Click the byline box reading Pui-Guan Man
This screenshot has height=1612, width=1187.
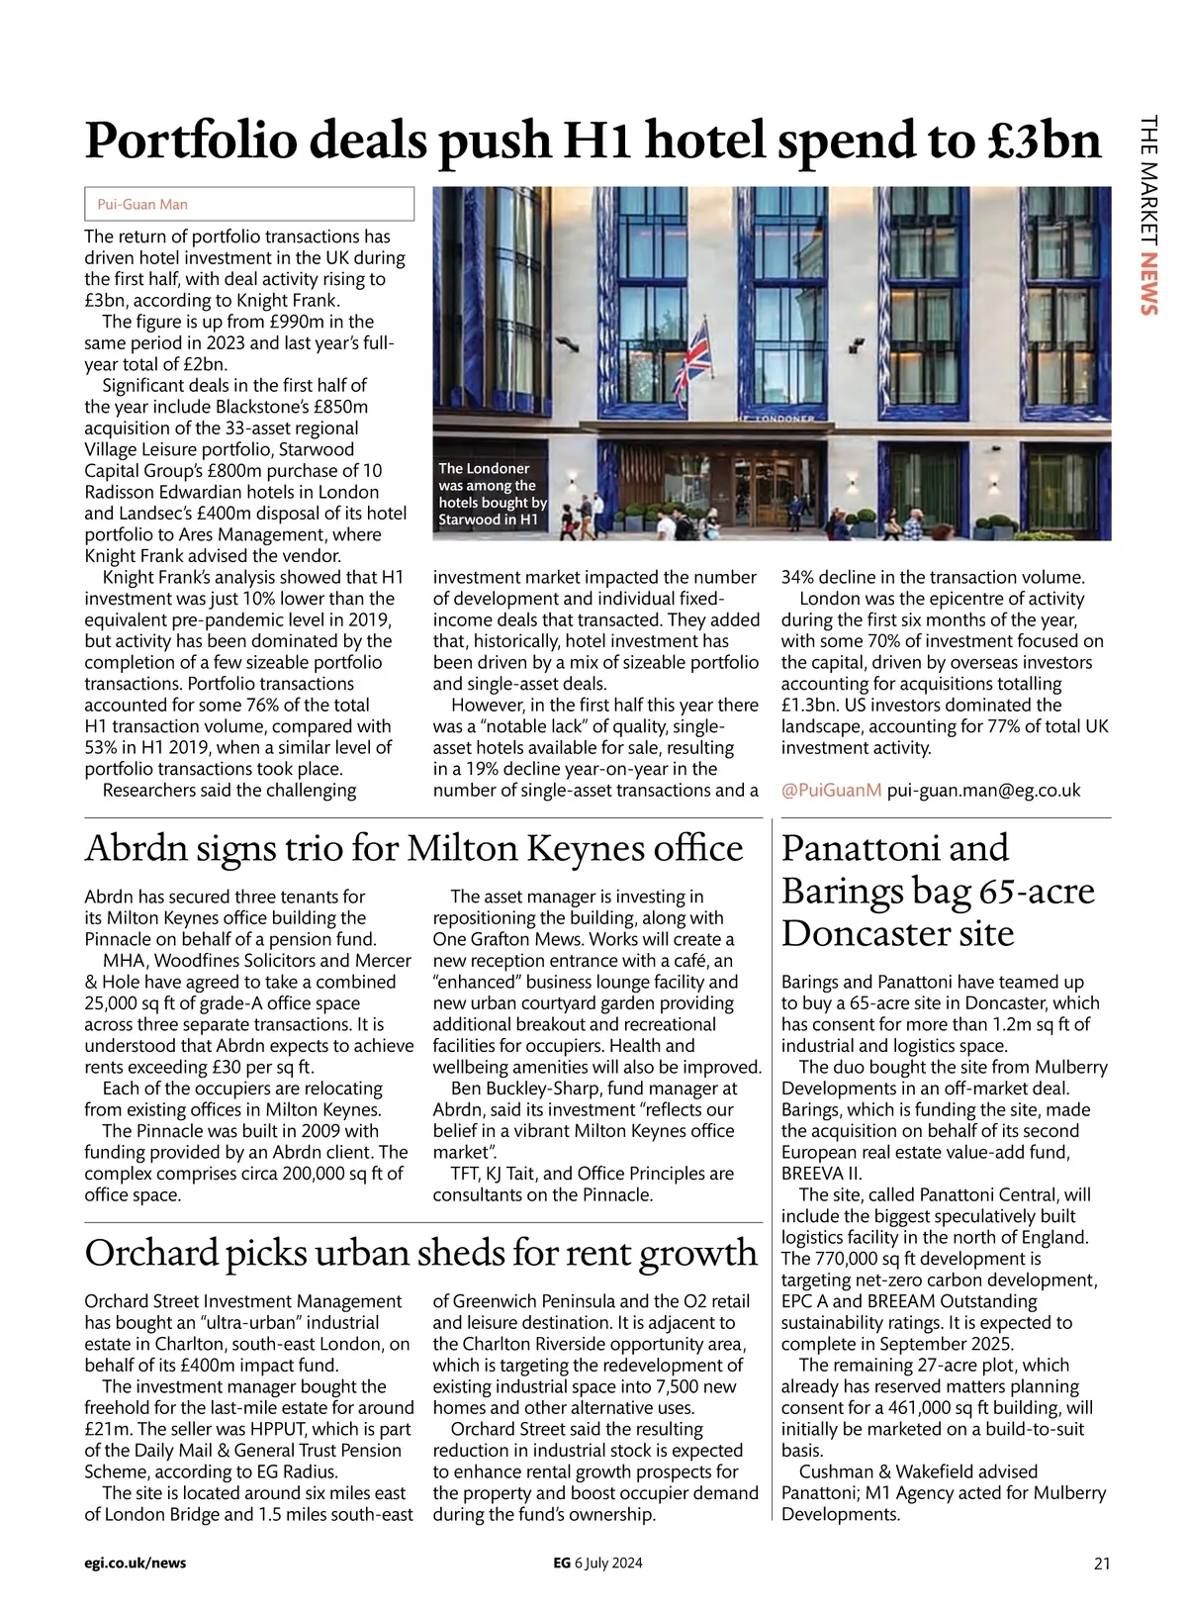(x=249, y=204)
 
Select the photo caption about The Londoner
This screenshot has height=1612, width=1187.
(x=491, y=494)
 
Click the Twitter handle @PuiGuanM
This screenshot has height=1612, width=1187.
(x=831, y=790)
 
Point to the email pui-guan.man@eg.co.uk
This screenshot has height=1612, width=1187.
(x=983, y=790)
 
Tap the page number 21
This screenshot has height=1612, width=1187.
(x=1102, y=1564)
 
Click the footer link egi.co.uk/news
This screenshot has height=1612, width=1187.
(x=136, y=1564)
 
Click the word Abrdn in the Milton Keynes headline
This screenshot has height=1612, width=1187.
(x=134, y=849)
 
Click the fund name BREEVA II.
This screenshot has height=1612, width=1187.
(x=821, y=1174)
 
